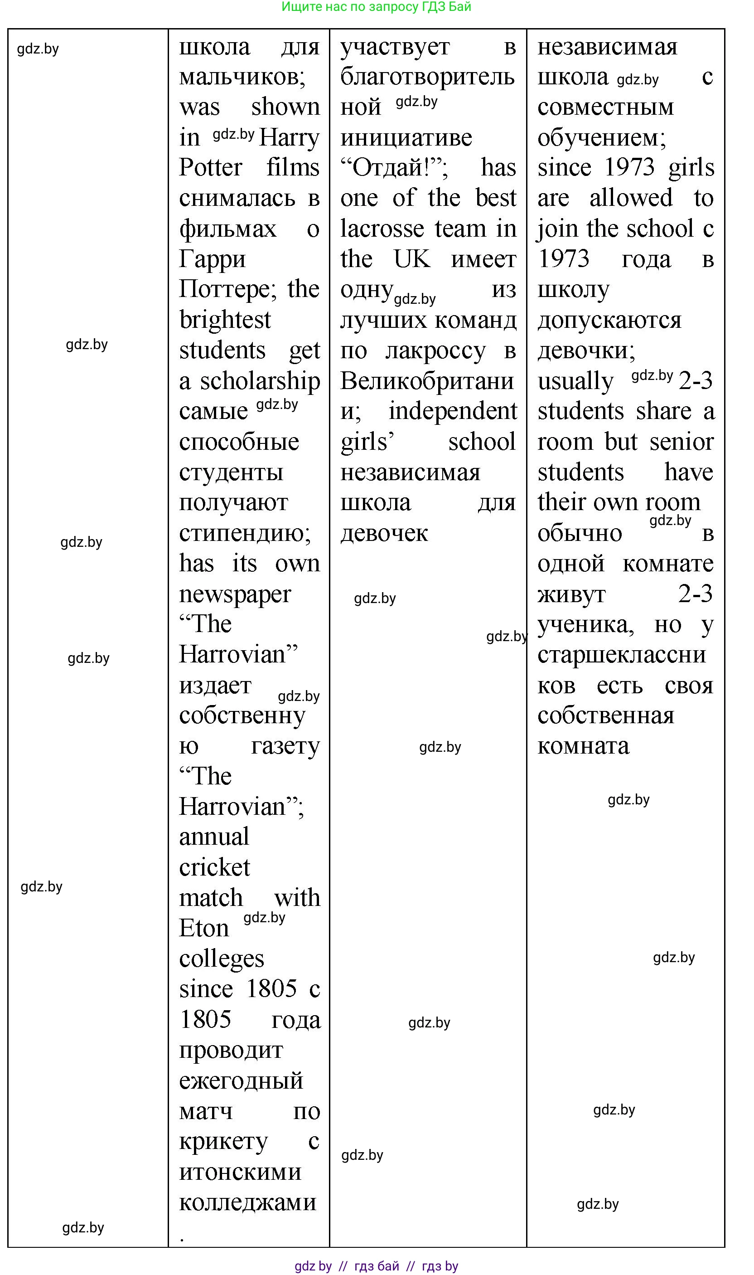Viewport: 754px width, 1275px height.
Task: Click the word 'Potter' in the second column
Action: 210,167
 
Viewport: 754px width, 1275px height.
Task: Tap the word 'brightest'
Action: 225,320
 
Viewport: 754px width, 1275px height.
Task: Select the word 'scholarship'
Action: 260,381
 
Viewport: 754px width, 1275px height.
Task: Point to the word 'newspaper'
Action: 235,594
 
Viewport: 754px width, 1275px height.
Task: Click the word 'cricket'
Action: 214,867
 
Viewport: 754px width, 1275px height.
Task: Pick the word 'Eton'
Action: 204,928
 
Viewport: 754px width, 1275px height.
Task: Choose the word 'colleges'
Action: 222,959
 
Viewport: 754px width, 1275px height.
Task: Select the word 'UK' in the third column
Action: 411,259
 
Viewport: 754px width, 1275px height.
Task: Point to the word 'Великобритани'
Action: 427,381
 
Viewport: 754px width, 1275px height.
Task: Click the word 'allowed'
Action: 631,198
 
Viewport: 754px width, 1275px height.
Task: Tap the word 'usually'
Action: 575,381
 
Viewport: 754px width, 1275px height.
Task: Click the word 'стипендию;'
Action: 245,533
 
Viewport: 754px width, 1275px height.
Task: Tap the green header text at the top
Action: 377,7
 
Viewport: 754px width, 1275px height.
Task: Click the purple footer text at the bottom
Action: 377,1265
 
